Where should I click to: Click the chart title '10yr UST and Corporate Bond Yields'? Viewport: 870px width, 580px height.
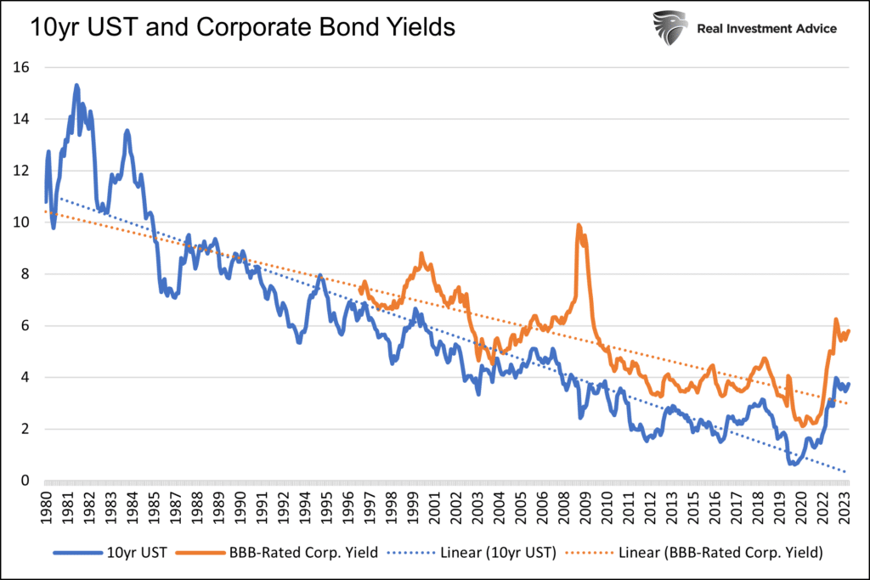tap(243, 27)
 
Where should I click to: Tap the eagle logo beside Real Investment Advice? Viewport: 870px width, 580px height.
tap(670, 28)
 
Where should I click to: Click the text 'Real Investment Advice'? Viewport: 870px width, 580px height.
tap(766, 28)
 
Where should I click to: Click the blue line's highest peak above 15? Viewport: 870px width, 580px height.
tap(76, 86)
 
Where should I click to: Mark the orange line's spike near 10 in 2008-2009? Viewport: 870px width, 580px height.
tap(579, 225)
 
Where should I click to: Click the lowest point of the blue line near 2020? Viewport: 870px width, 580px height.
tap(794, 464)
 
